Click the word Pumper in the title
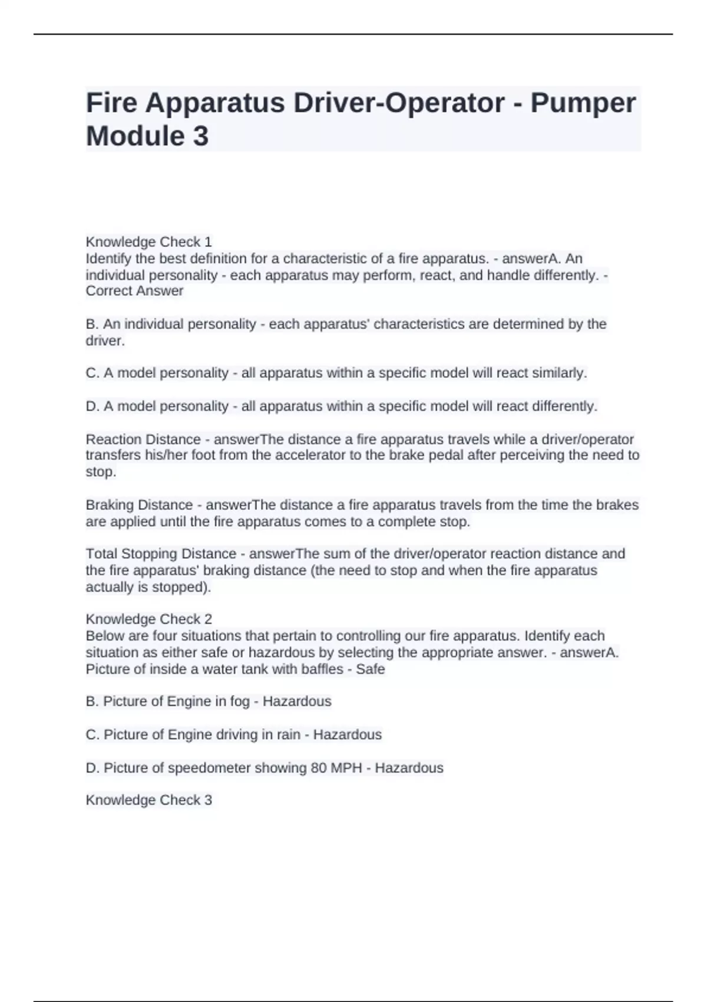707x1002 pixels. [x=583, y=103]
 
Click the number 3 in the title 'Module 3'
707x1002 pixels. [x=200, y=136]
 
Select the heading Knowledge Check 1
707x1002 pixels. [x=148, y=242]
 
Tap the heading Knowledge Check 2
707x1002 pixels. [x=148, y=619]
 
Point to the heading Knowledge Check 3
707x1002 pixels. [x=148, y=800]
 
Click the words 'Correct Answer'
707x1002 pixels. [x=134, y=291]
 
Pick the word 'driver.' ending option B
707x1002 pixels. [x=105, y=341]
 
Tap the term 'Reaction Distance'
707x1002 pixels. [x=143, y=439]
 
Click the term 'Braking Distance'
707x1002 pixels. [x=139, y=505]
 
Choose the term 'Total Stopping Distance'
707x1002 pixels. [x=161, y=553]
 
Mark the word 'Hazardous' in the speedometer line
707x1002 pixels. [x=409, y=768]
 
